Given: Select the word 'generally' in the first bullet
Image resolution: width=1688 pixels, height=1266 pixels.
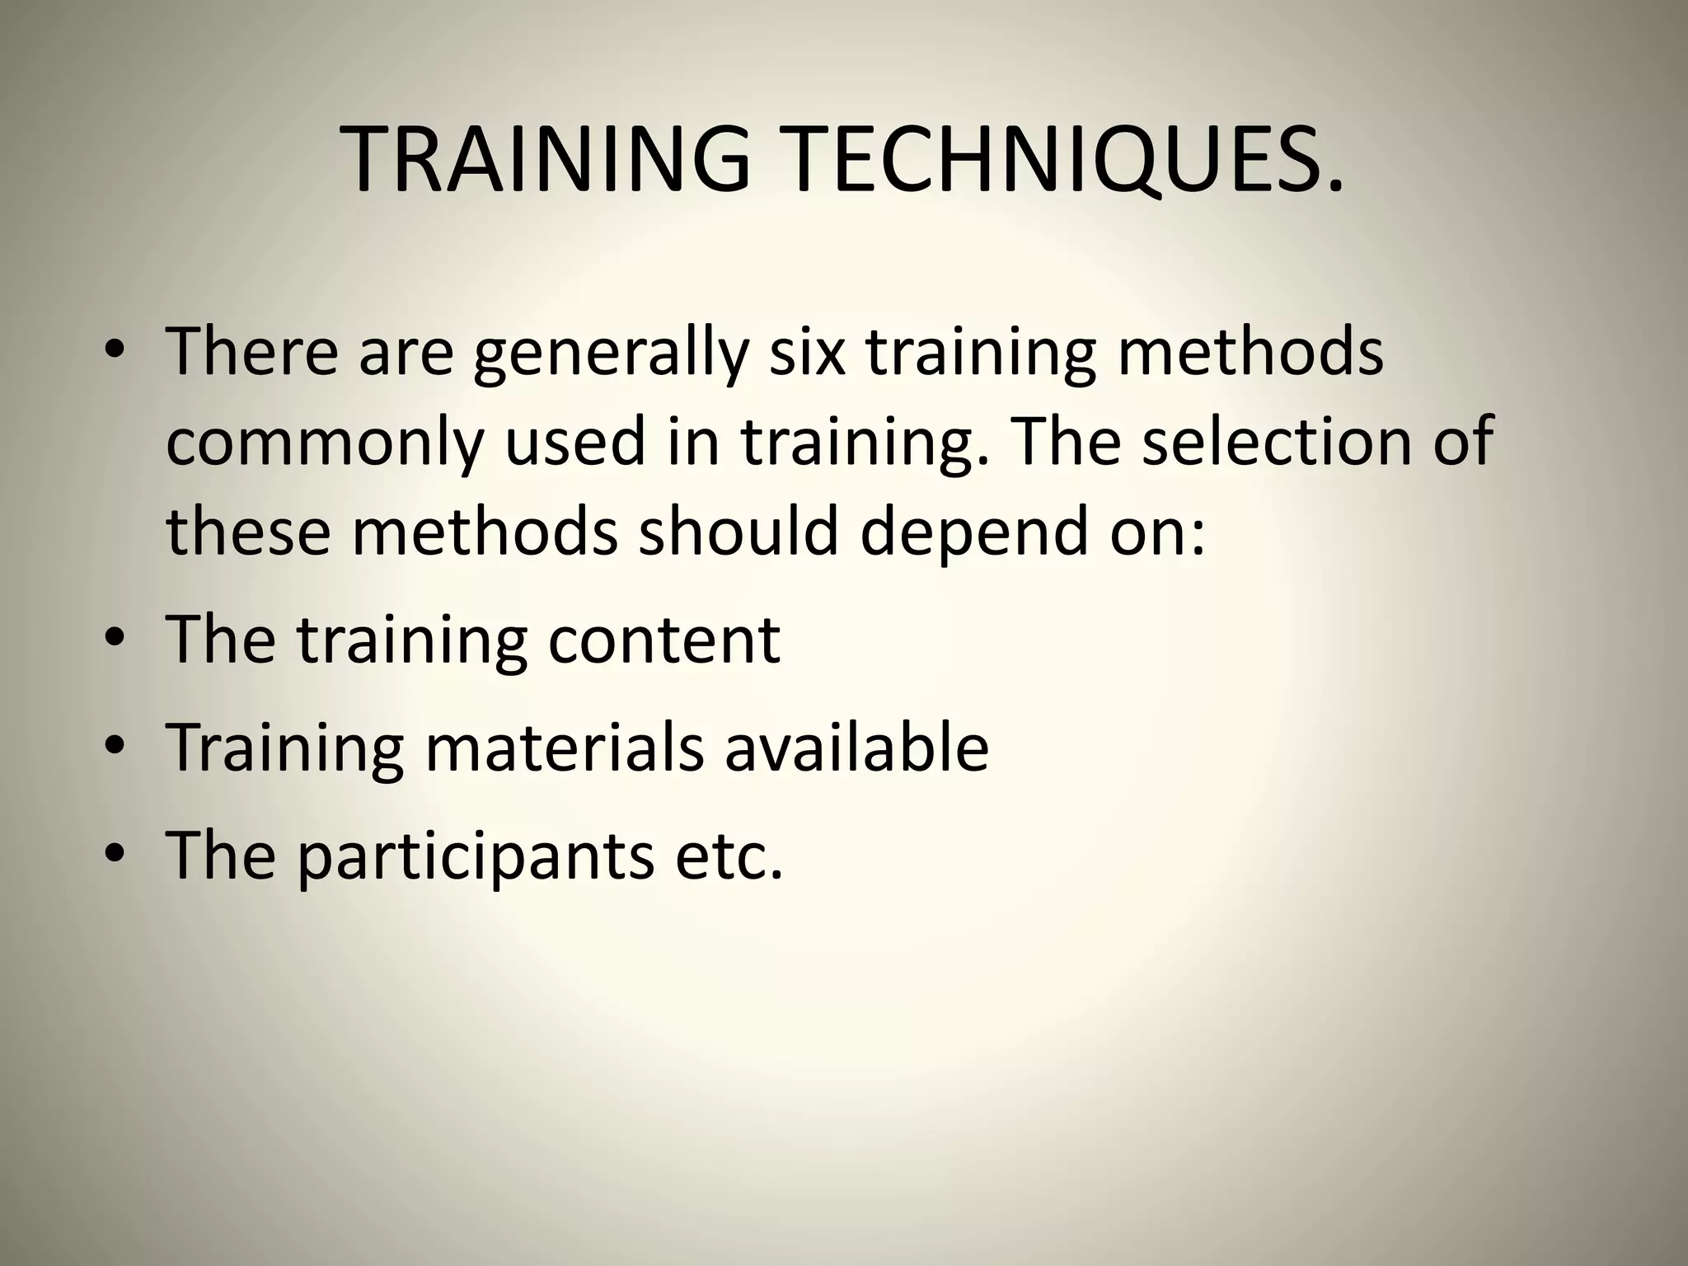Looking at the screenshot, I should click(x=609, y=353).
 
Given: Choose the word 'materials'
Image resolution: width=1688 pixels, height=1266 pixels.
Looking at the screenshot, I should click(x=565, y=746).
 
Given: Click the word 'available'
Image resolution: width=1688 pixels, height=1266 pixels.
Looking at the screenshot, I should click(x=856, y=746).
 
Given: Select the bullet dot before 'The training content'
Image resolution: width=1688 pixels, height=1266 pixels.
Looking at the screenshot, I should click(x=115, y=641).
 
